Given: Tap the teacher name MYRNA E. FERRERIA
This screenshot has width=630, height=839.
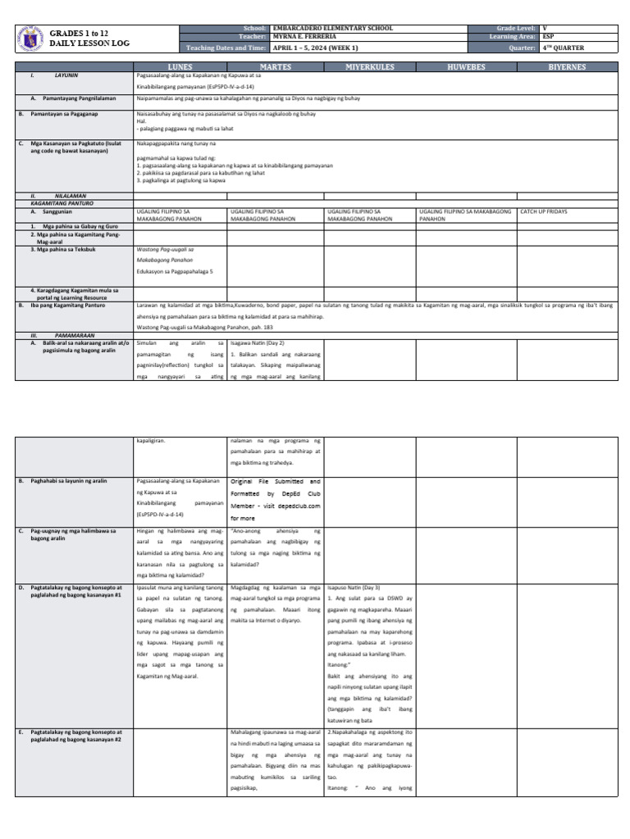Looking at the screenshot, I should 307,37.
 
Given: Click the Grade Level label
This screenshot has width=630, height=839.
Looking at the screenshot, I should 512,28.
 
